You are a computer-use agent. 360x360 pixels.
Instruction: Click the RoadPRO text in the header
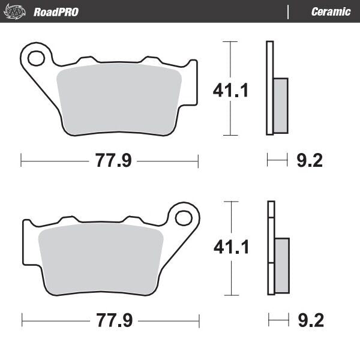(56, 12)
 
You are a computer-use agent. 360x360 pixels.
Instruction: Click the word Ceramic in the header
(331, 12)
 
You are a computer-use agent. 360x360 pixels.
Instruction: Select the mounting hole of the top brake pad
(36, 58)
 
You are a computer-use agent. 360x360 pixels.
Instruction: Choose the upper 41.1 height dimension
(231, 90)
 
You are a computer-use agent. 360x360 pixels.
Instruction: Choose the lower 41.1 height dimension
(231, 247)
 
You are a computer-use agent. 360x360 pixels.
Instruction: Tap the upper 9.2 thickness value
(310, 160)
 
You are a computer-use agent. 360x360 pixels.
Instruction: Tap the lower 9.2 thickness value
(310, 321)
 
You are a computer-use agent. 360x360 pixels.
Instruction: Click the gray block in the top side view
(280, 106)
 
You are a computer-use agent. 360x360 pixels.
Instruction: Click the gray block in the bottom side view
(281, 264)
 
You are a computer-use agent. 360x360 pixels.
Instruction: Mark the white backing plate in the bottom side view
(271, 228)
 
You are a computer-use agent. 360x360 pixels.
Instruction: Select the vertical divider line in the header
(289, 12)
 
